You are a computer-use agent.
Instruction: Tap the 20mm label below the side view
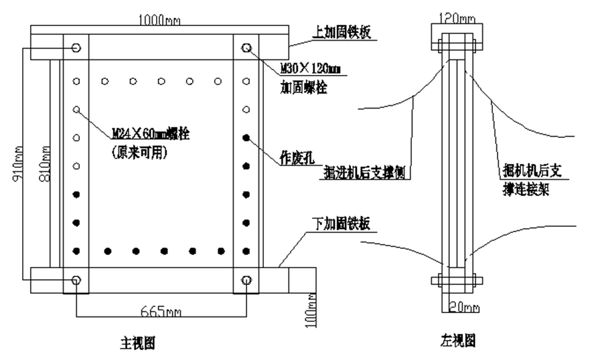point(461,307)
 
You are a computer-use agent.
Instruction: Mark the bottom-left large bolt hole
point(75,280)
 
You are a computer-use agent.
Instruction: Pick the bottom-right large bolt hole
point(247,280)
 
